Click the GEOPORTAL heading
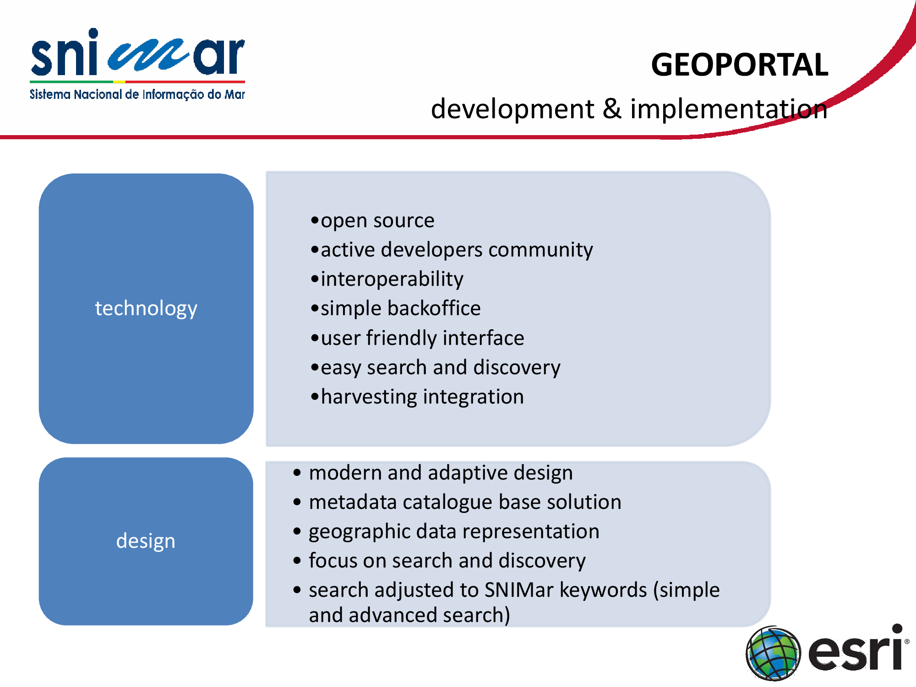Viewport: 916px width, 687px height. [740, 65]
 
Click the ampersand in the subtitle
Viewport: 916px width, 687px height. [612, 109]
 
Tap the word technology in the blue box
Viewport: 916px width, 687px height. [146, 309]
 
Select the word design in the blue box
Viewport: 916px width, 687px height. [146, 541]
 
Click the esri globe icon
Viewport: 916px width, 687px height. [774, 653]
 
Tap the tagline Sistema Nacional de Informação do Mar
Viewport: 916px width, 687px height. [137, 94]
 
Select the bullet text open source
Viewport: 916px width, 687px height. [377, 221]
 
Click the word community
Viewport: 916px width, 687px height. [540, 251]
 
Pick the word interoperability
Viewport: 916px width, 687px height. [392, 279]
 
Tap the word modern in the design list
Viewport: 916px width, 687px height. [345, 473]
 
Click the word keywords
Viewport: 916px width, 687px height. [603, 590]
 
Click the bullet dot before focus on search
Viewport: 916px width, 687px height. [297, 560]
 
